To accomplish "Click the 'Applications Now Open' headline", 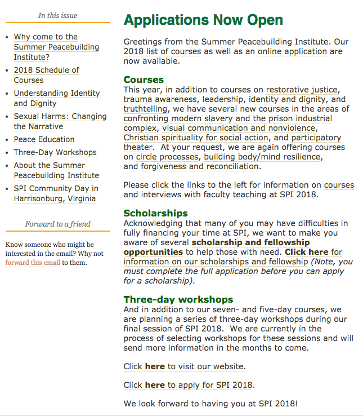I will [203, 21].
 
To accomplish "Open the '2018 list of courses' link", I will [162, 51].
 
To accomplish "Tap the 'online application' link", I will [292, 51].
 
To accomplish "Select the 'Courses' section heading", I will [144, 79].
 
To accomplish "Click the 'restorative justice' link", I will [302, 90].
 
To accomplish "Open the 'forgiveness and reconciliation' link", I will [200, 166].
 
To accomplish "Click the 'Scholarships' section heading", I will [156, 213].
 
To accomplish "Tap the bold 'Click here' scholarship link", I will [306, 252].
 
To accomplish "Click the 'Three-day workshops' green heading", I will [178, 299].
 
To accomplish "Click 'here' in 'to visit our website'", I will [155, 366].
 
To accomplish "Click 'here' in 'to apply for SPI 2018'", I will [155, 385].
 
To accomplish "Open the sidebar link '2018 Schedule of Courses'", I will [46, 75].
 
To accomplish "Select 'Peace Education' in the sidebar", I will [44, 139].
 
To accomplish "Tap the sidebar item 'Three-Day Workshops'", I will [55, 152].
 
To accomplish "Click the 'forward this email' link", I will [33, 262].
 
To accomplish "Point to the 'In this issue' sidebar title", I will [57, 15].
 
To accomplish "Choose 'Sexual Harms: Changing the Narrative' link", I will [60, 121].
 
